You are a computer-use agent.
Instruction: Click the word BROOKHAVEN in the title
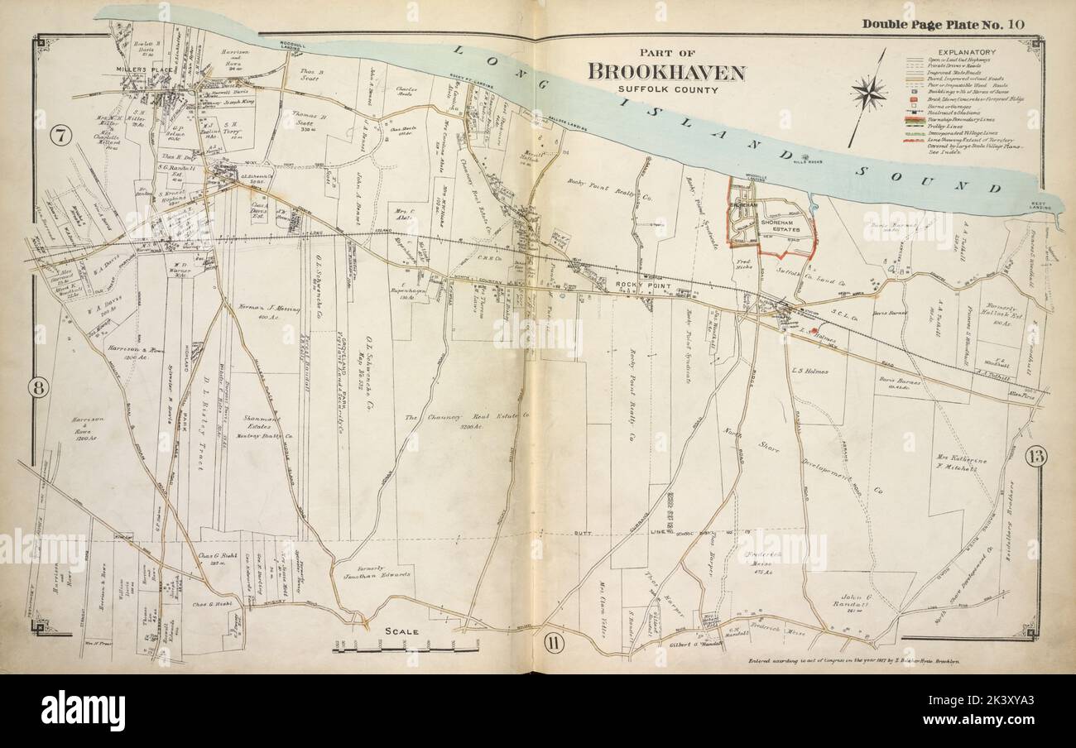click(x=665, y=72)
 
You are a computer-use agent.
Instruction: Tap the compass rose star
click(x=868, y=93)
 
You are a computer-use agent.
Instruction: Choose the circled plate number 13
click(x=1035, y=455)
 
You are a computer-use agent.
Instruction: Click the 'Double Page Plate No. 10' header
click(x=943, y=23)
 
